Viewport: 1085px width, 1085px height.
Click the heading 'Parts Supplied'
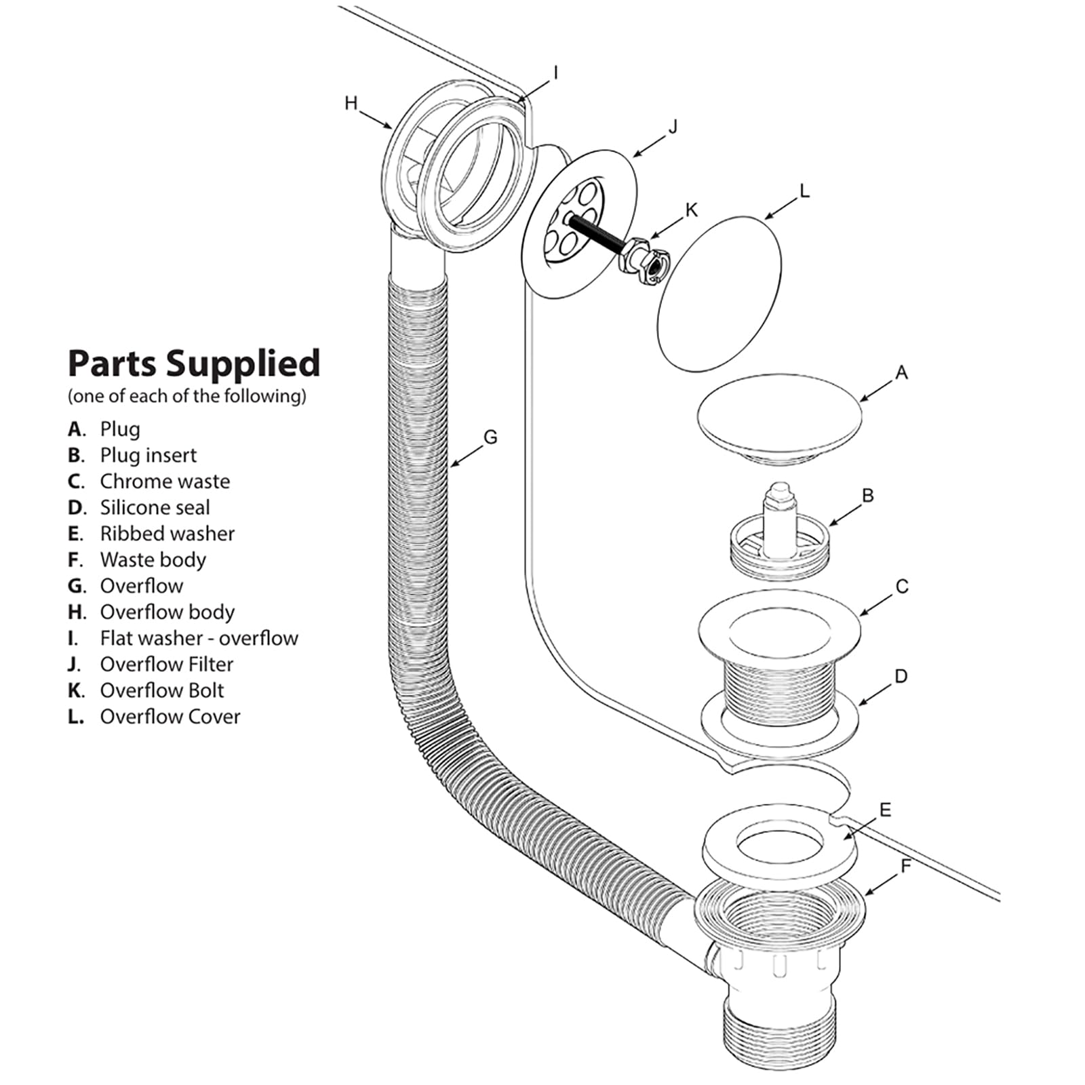193,363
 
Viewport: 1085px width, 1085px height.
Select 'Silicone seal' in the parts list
155,507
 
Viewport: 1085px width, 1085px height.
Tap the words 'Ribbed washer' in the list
167,534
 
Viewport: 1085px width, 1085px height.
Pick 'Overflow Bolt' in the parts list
161,690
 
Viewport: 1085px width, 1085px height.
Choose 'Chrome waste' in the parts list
165,481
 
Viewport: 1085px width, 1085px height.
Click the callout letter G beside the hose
490,437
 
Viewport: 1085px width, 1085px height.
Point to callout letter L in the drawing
804,192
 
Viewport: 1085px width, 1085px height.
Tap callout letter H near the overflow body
351,103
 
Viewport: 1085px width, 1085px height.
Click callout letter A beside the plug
901,372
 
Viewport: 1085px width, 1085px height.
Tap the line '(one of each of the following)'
186,396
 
